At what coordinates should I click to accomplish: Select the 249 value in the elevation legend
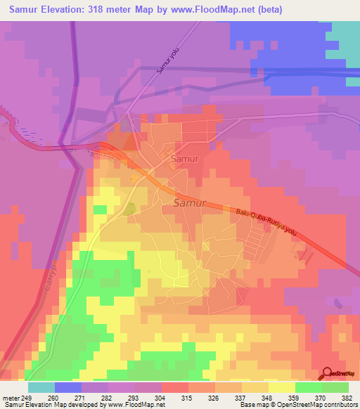click(x=27, y=397)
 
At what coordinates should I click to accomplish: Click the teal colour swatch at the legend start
click(x=41, y=387)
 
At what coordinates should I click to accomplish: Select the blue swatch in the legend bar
click(x=68, y=387)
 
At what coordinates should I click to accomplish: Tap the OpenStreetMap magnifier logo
click(x=328, y=373)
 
